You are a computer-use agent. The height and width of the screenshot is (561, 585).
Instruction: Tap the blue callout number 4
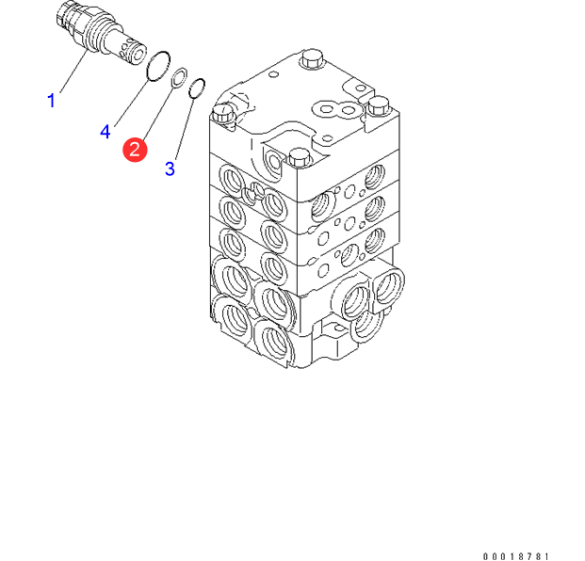pos(106,132)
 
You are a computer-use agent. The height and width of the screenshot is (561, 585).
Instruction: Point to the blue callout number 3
pos(170,168)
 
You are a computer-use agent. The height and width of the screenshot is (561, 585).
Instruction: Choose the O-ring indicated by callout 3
pos(197,90)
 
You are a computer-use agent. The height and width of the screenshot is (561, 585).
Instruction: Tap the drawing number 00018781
pos(515,555)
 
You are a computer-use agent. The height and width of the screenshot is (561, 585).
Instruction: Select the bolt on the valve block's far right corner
pos(379,104)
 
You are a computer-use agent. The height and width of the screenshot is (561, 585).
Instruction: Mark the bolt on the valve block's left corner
pos(221,116)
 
